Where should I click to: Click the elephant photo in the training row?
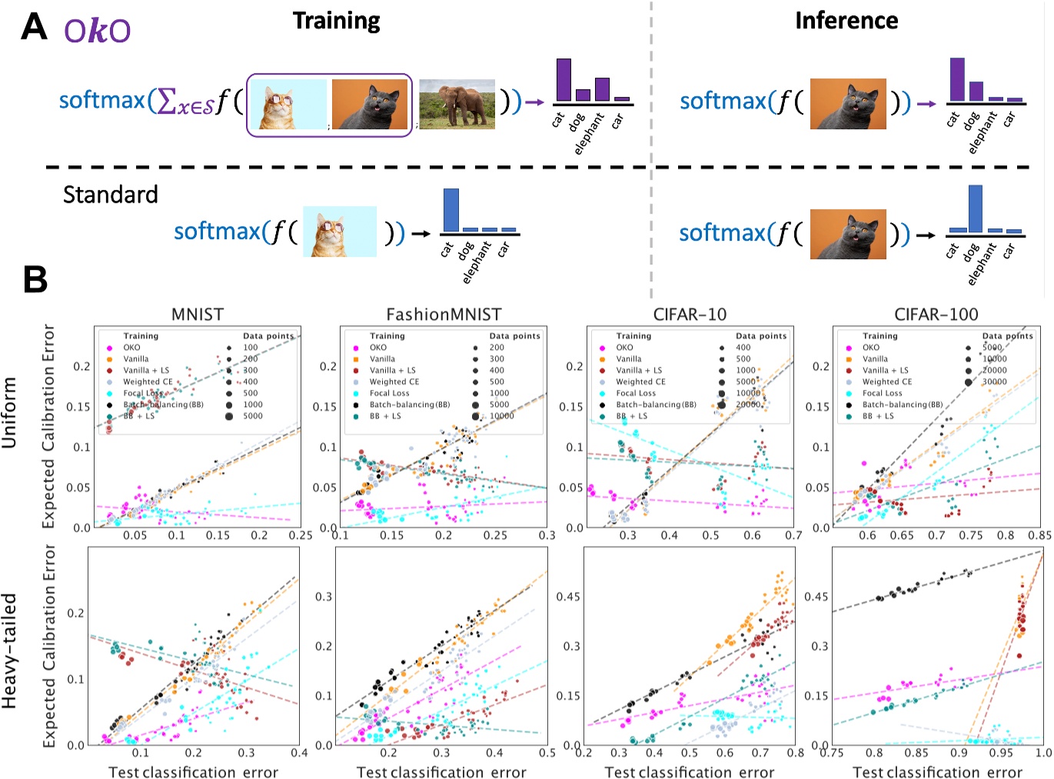[x=457, y=103]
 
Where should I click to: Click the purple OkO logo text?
[x=97, y=30]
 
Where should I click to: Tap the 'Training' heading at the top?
[x=336, y=21]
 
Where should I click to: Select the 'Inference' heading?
[x=846, y=21]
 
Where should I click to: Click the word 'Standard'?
[x=110, y=195]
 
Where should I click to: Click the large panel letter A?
[x=34, y=27]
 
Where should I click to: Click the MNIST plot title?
[x=198, y=315]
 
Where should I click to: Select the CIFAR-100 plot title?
[x=936, y=315]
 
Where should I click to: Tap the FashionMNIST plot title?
[x=444, y=315]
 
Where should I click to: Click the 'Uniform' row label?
[x=10, y=411]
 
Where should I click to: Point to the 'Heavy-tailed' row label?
[x=10, y=651]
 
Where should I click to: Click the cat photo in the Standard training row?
[x=339, y=231]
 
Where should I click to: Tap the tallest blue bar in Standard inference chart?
[x=975, y=208]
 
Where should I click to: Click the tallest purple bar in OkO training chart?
[x=563, y=80]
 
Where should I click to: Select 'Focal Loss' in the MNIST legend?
[x=143, y=393]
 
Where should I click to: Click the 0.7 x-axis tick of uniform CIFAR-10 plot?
[x=793, y=535]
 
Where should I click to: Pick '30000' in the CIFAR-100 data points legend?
[x=994, y=381]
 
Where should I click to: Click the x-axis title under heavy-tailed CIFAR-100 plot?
[x=937, y=772]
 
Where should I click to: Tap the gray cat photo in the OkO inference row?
[x=848, y=104]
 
